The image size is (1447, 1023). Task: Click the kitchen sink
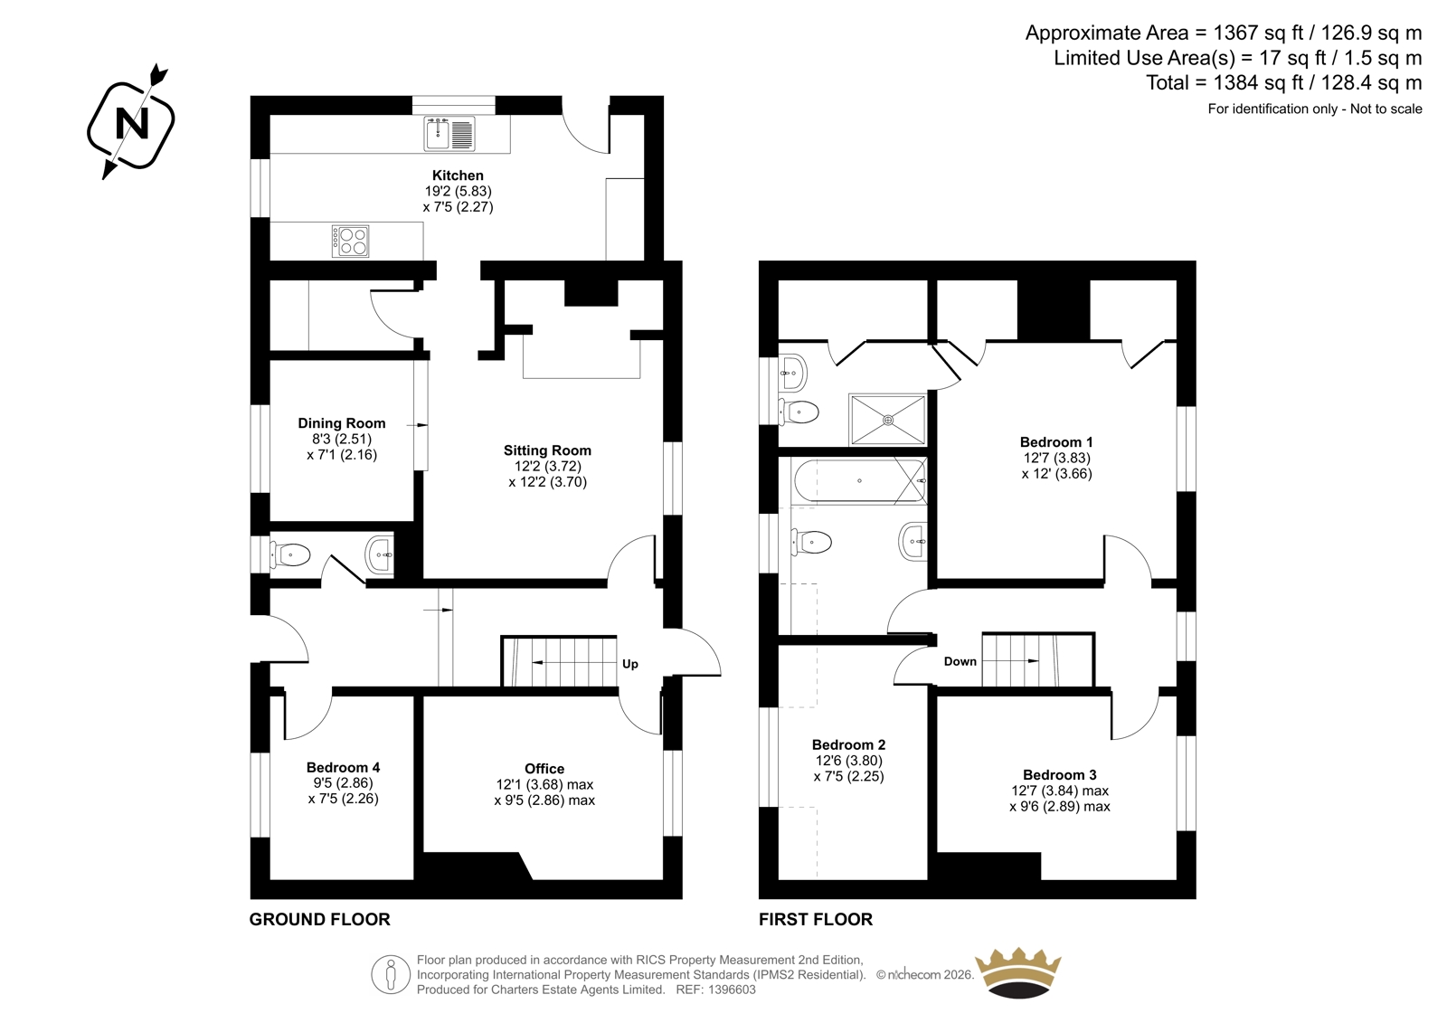(449, 134)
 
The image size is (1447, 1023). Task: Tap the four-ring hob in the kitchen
(351, 241)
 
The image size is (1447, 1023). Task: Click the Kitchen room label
(458, 175)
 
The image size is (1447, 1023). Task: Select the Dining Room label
(342, 423)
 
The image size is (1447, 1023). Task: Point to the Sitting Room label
(547, 450)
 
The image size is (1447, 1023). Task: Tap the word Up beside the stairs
(629, 664)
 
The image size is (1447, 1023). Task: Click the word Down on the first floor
(960, 661)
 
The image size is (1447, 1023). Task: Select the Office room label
(544, 769)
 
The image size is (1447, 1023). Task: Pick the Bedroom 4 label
(343, 767)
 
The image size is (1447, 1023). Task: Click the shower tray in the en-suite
(888, 420)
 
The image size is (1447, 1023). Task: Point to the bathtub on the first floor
(859, 481)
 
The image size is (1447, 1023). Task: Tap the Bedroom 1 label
(1056, 442)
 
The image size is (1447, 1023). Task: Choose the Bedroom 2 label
(849, 745)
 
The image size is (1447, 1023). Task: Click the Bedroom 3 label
(1059, 775)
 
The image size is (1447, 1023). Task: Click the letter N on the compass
(132, 123)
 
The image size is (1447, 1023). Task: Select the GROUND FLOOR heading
(320, 919)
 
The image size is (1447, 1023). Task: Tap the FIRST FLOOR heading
(815, 919)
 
